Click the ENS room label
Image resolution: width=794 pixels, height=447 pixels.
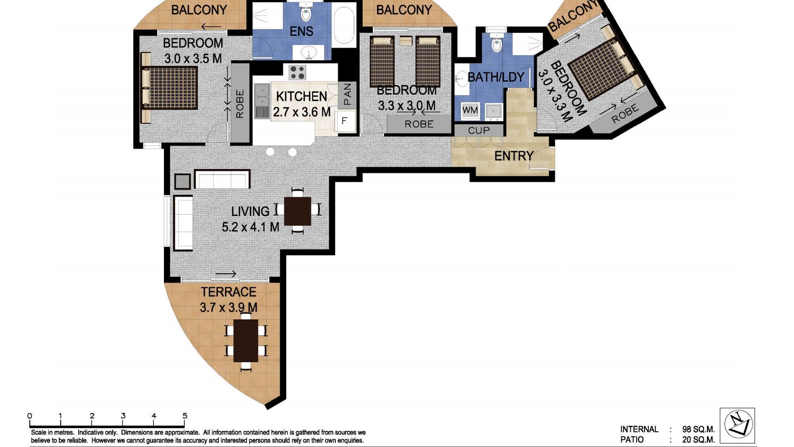pyautogui.click(x=301, y=31)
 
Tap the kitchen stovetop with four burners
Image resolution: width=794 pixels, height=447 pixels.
pyautogui.click(x=297, y=72)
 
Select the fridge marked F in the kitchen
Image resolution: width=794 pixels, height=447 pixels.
pyautogui.click(x=344, y=121)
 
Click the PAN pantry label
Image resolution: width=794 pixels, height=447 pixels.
pyautogui.click(x=347, y=94)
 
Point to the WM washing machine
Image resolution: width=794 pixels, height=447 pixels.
pyautogui.click(x=470, y=111)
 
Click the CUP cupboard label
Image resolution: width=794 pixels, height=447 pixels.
pyautogui.click(x=479, y=130)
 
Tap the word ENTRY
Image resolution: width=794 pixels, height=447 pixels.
pyautogui.click(x=514, y=156)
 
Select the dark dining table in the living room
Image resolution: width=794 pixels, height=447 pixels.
pyautogui.click(x=298, y=211)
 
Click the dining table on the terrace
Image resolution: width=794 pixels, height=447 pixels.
pyautogui.click(x=246, y=341)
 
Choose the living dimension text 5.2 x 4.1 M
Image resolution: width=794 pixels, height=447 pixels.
pyautogui.click(x=250, y=227)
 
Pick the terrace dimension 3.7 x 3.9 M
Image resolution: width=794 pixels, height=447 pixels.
pyautogui.click(x=228, y=308)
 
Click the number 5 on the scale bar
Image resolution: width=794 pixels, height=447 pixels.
pyautogui.click(x=185, y=416)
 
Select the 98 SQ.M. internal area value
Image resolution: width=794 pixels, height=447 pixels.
pyautogui.click(x=698, y=429)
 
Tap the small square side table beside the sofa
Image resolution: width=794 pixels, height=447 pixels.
pyautogui.click(x=182, y=181)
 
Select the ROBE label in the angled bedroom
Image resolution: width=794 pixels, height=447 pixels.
pyautogui.click(x=625, y=114)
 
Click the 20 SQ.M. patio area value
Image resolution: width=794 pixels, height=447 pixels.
pyautogui.click(x=698, y=440)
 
